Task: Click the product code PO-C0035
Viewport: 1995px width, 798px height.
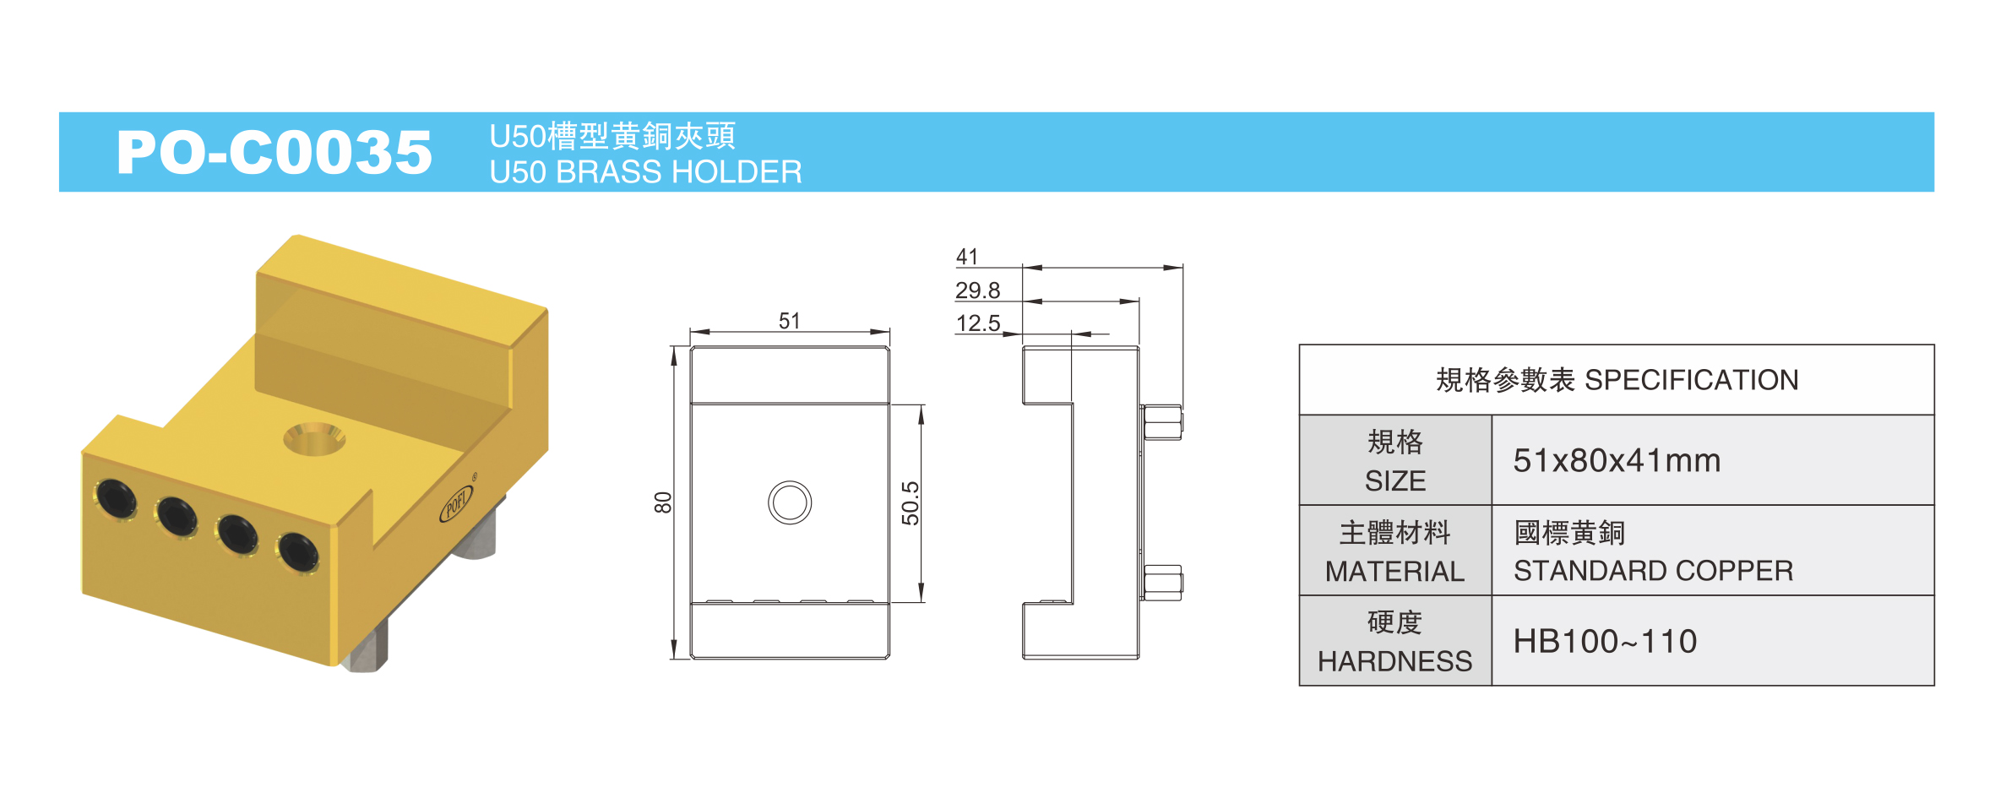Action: pyautogui.click(x=275, y=153)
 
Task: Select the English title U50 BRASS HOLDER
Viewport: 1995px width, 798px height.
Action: pyautogui.click(x=646, y=172)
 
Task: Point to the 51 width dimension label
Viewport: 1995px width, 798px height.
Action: pyautogui.click(x=790, y=321)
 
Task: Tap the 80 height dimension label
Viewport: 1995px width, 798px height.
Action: pyautogui.click(x=663, y=502)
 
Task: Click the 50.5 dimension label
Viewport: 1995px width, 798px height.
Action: pyautogui.click(x=910, y=503)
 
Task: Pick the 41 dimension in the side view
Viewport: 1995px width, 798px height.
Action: pyautogui.click(x=967, y=257)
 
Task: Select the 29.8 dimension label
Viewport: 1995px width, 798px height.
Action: pyautogui.click(x=977, y=290)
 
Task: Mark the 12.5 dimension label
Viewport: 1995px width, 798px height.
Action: pyautogui.click(x=977, y=323)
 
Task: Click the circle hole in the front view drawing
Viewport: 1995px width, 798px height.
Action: pyautogui.click(x=790, y=502)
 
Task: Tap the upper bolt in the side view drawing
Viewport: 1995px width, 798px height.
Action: pyautogui.click(x=1162, y=422)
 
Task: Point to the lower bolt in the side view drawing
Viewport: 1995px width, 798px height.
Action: pyautogui.click(x=1162, y=583)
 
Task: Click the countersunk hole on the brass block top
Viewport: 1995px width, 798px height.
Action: pyautogui.click(x=314, y=438)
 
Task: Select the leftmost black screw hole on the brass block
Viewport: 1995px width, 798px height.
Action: pyautogui.click(x=117, y=498)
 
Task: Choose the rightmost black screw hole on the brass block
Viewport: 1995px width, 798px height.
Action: pyautogui.click(x=298, y=552)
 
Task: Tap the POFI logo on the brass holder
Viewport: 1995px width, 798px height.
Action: pyautogui.click(x=456, y=504)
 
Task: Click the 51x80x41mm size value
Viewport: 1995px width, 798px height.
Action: pyautogui.click(x=1617, y=461)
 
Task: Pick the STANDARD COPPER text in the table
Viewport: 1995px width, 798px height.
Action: pyautogui.click(x=1653, y=572)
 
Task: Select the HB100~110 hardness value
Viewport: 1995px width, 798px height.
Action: pyautogui.click(x=1605, y=642)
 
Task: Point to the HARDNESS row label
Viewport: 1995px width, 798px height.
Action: pyautogui.click(x=1395, y=661)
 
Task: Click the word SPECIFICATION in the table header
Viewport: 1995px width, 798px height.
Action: pyautogui.click(x=1692, y=380)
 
